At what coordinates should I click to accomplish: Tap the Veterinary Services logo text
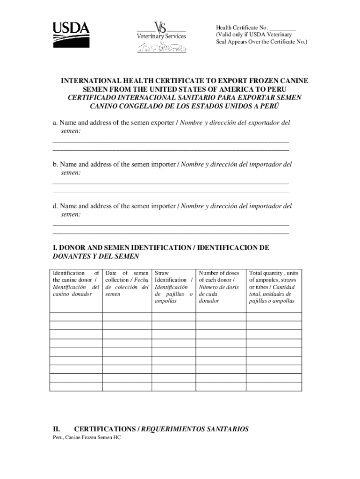[x=161, y=36]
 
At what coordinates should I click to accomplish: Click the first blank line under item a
[x=171, y=141]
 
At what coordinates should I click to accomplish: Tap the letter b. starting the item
[x=55, y=165]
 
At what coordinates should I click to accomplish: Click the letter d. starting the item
[x=55, y=206]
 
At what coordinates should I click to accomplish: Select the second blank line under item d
[x=171, y=232]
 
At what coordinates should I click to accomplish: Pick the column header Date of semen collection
[x=127, y=283]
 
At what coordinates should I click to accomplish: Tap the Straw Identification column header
[x=173, y=287]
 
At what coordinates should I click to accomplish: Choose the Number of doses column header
[x=219, y=287]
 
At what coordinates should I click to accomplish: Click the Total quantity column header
[x=274, y=287]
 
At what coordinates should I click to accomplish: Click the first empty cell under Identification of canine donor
[x=76, y=316]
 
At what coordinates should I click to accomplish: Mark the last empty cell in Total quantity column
[x=274, y=386]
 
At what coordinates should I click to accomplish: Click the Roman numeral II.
[x=58, y=429]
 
